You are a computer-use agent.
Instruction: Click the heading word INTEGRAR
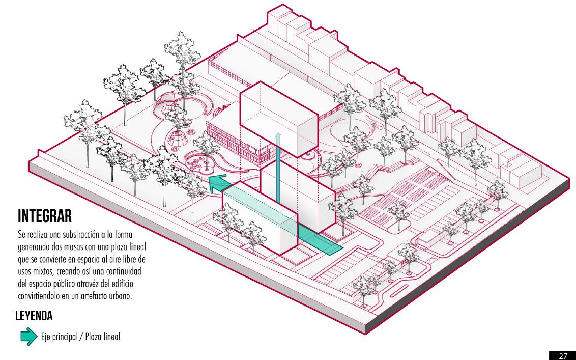[45, 216]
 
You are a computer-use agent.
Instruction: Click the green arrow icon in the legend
[28, 336]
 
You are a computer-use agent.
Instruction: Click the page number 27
[564, 355]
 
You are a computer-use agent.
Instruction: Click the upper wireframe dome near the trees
[167, 108]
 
